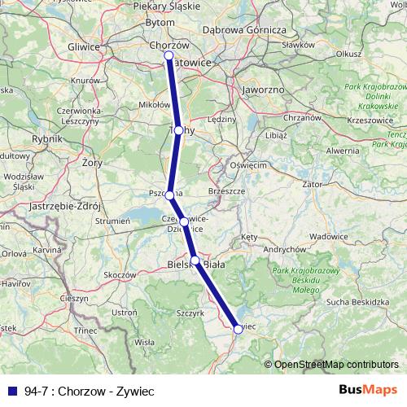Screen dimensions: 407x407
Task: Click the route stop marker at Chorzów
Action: (x=168, y=55)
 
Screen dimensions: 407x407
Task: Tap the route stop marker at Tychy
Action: (x=178, y=129)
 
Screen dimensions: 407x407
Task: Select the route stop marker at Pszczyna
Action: (x=169, y=195)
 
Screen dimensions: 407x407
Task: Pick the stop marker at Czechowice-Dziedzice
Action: (x=184, y=221)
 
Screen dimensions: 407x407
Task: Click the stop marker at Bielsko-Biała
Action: (x=195, y=260)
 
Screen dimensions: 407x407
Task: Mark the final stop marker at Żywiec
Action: (x=239, y=329)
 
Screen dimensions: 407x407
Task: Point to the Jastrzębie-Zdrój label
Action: (x=59, y=205)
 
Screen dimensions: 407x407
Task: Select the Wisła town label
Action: (x=144, y=343)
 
